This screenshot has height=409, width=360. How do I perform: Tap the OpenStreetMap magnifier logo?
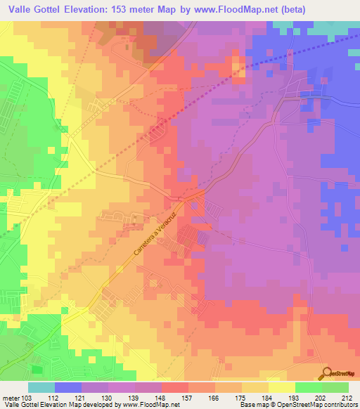tap(327, 373)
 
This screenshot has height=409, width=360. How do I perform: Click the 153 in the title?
tap(140, 10)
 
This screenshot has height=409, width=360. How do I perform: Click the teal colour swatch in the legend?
tap(41, 387)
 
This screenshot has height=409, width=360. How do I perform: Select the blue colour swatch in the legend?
tap(67, 387)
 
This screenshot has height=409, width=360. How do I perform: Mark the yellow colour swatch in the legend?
tap(281, 387)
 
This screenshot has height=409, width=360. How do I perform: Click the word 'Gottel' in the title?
tap(56, 10)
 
